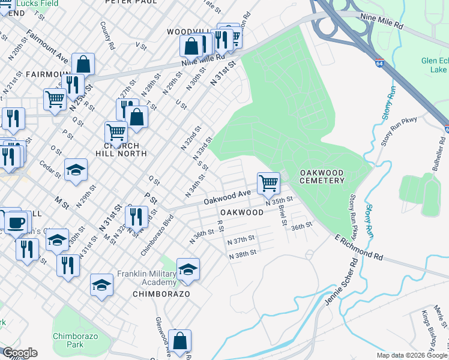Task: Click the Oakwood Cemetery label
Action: pos(322,176)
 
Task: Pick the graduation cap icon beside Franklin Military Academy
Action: pos(188,271)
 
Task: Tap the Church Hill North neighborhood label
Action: pos(121,149)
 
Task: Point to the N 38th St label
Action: pos(243,254)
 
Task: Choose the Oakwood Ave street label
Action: pos(227,197)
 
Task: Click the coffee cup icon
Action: pos(16,223)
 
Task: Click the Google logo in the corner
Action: pos(20,353)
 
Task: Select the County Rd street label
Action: pos(108,35)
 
